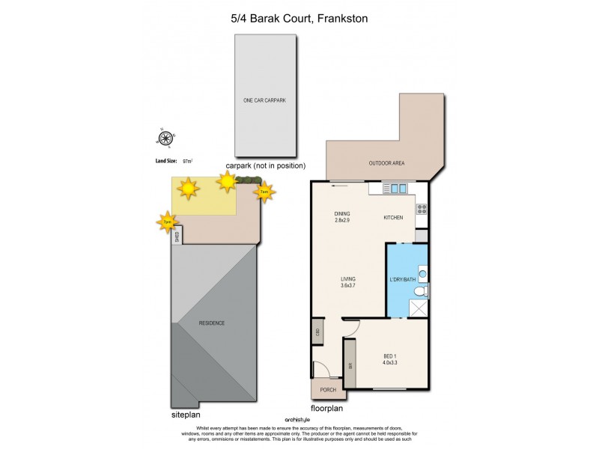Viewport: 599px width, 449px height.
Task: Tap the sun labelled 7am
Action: click(x=264, y=192)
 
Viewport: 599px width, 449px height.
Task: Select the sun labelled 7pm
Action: click(x=168, y=222)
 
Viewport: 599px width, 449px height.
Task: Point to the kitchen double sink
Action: click(x=396, y=189)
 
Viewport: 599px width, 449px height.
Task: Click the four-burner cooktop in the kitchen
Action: click(x=422, y=209)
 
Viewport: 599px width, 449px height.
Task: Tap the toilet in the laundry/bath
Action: click(x=422, y=290)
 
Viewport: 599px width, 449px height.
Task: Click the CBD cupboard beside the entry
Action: click(x=317, y=332)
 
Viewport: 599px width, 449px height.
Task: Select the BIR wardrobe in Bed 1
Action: click(x=350, y=366)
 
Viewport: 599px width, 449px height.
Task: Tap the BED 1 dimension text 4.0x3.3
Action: click(x=389, y=363)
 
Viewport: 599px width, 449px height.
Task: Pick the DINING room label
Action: click(x=342, y=213)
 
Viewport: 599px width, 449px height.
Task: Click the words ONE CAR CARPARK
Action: click(x=264, y=100)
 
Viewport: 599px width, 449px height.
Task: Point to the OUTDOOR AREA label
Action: click(x=386, y=163)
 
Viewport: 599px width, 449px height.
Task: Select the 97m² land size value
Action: click(x=187, y=160)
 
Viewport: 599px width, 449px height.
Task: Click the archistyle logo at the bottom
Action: click(x=297, y=419)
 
